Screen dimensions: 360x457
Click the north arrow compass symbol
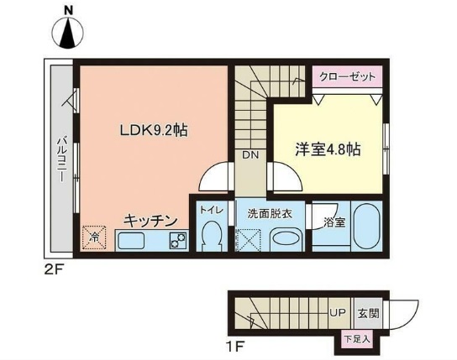tap(66, 31)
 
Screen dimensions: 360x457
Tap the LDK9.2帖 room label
tap(151, 130)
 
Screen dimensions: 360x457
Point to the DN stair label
tap(250, 154)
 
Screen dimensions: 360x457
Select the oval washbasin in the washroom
tap(285, 238)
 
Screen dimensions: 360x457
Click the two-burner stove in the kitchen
tap(177, 242)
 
